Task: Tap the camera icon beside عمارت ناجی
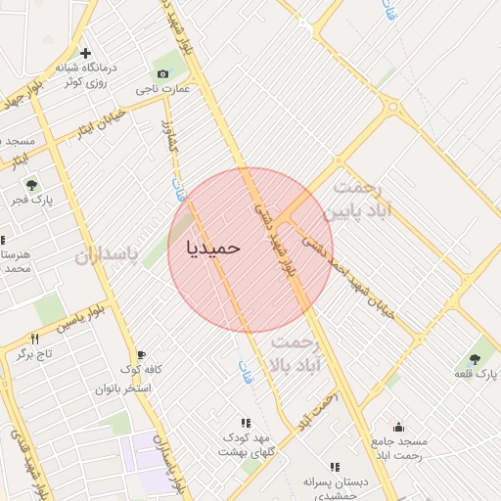(162, 74)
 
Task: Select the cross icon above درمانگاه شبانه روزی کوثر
(85, 52)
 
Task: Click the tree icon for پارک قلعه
(475, 358)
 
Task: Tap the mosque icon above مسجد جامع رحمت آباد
(397, 427)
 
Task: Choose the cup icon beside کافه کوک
(142, 354)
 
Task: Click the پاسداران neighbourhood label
(108, 256)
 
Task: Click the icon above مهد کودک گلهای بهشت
(246, 423)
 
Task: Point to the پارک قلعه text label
(476, 375)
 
